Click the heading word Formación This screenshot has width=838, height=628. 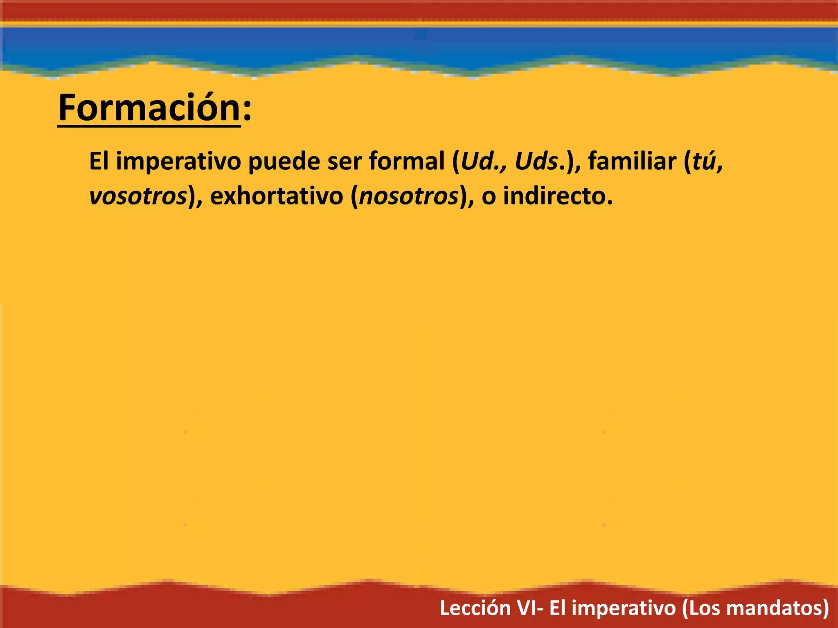pos(149,108)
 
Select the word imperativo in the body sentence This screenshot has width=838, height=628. pos(178,161)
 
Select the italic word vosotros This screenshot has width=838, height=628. pos(138,196)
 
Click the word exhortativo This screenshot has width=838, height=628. pos(277,196)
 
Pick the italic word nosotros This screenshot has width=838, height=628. pos(409,196)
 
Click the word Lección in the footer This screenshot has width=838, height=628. pos(475,608)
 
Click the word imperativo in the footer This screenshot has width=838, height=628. pos(624,608)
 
